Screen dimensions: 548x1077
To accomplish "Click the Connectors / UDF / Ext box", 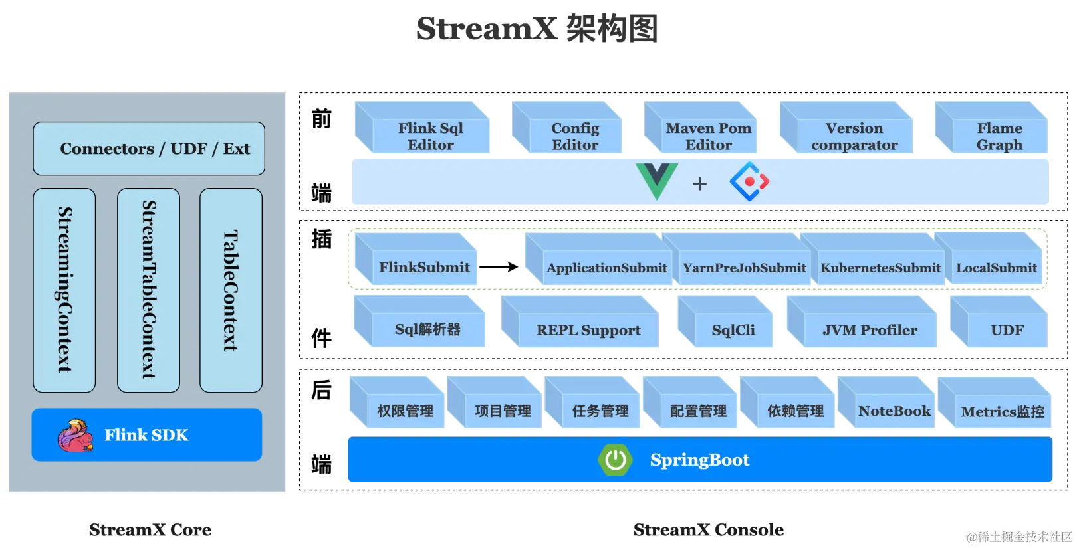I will (149, 149).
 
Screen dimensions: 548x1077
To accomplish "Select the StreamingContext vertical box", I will (64, 290).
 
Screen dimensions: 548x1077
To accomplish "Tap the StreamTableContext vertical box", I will (148, 290).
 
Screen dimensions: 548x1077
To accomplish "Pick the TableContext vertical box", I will (231, 290).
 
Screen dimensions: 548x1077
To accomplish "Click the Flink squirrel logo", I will (74, 436).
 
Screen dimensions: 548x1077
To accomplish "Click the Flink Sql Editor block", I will (430, 136).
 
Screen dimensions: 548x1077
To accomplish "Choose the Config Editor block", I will (575, 136).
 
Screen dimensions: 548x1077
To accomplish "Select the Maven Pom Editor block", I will (709, 136).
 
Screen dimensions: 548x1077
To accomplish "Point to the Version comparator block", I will (854, 136).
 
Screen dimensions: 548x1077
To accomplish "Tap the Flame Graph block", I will (999, 136).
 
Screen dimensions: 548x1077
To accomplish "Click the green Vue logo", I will (657, 181).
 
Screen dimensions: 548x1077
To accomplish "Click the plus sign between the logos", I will (699, 184).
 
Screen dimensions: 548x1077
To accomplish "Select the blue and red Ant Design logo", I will (749, 181).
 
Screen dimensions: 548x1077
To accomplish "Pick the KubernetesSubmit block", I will (880, 268).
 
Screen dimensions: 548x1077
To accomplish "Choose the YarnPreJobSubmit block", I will (744, 268).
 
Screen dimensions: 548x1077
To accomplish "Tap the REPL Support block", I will (588, 330).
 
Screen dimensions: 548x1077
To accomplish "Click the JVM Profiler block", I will (870, 330).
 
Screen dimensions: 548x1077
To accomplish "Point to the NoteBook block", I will (894, 411).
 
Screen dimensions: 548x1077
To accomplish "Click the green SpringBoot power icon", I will (615, 460).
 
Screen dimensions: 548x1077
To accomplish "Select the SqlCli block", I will (733, 330).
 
